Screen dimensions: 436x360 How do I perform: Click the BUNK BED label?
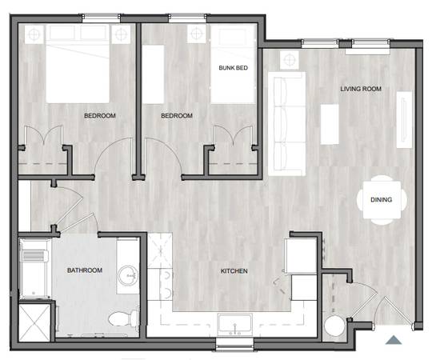tap(233, 68)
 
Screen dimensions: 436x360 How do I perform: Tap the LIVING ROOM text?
tap(361, 89)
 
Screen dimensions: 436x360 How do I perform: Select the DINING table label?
tap(382, 199)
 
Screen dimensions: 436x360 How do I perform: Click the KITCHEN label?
tap(234, 271)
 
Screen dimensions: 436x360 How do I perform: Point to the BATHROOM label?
tap(85, 270)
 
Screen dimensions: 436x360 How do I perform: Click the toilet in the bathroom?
tap(123, 318)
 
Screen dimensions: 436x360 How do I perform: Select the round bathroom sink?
tap(128, 276)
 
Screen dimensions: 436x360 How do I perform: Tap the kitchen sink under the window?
tap(235, 325)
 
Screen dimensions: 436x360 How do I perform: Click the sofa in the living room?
tap(286, 124)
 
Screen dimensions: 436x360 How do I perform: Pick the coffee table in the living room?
tap(330, 124)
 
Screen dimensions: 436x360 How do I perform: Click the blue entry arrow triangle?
tap(393, 340)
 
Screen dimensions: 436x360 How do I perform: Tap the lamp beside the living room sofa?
tap(289, 60)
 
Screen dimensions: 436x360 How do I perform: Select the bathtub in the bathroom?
tap(34, 269)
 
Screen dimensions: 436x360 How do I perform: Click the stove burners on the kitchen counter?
tap(166, 284)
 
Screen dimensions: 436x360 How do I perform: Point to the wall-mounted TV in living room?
tap(404, 120)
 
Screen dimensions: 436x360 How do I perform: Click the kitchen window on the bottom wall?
tap(234, 344)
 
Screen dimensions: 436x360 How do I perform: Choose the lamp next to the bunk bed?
tap(197, 34)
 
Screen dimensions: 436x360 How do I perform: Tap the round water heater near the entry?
tap(334, 326)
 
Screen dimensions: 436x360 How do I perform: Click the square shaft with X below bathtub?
tap(34, 322)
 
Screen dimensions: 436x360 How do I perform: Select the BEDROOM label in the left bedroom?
tap(100, 116)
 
